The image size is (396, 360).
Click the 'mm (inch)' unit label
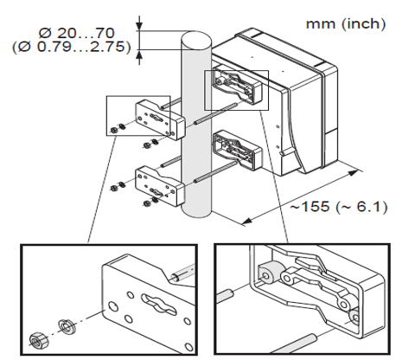coord(345,23)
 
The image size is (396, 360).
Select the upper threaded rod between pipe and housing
coord(217,112)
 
